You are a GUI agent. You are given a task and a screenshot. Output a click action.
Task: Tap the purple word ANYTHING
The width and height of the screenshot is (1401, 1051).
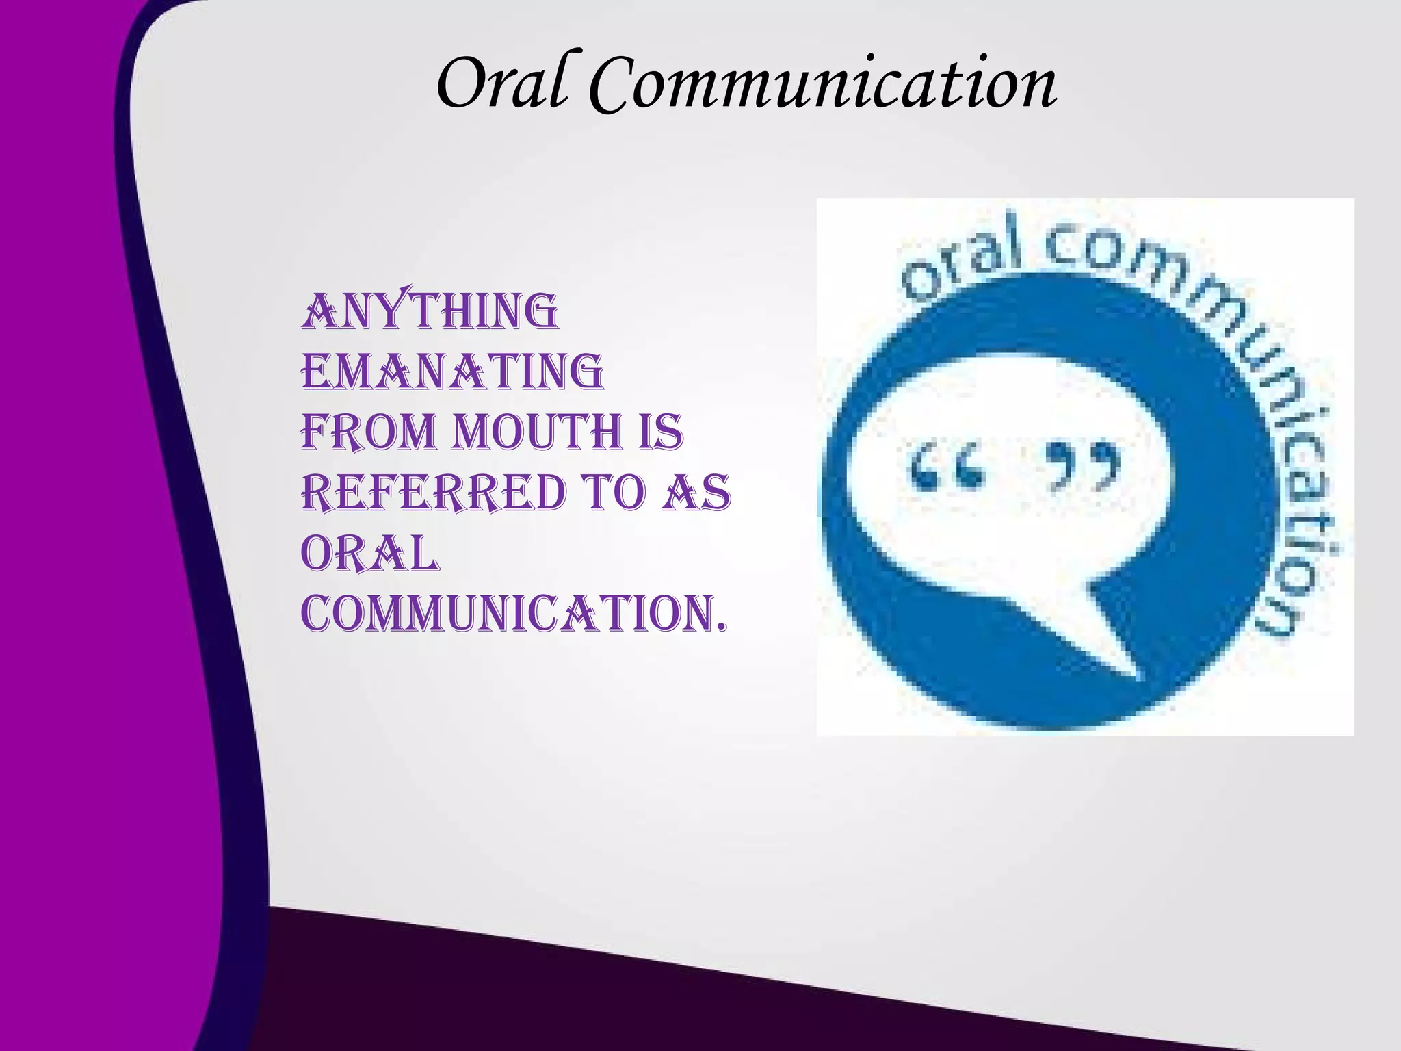(430, 313)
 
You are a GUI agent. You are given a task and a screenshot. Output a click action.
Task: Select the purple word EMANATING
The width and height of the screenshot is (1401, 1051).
(452, 373)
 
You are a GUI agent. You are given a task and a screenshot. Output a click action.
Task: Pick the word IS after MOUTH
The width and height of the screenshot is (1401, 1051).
(661, 432)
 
